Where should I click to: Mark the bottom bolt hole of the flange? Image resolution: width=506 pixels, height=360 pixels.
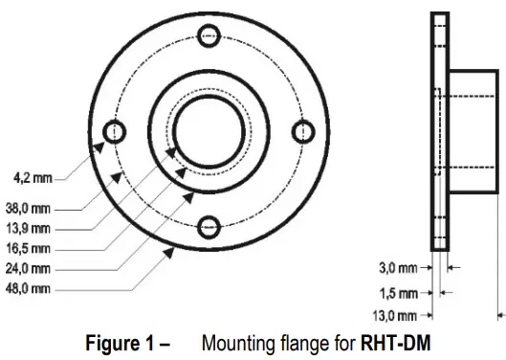coord(209,226)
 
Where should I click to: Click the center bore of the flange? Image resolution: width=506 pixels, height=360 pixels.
coord(209,131)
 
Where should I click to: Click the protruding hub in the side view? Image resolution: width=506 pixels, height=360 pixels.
coord(473,132)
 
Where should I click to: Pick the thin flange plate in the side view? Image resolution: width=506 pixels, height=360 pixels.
coord(439,132)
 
